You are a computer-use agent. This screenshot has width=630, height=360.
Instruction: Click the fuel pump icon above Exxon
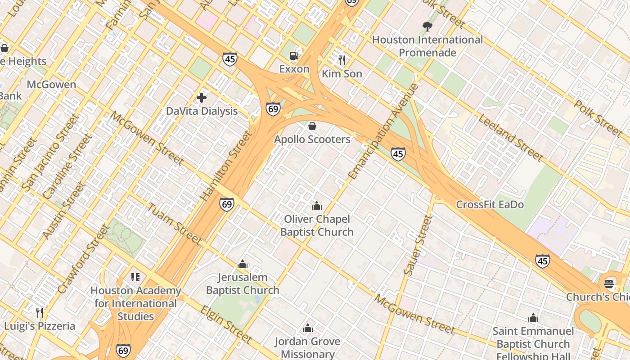294,55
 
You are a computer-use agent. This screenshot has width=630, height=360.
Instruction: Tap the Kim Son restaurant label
342,74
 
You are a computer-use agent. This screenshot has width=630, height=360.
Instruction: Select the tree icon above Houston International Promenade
427,26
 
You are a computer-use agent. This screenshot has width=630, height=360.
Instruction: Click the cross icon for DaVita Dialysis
202,97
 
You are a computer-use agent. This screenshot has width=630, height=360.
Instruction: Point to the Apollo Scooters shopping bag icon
312,126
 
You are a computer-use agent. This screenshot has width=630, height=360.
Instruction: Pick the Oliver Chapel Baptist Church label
317,225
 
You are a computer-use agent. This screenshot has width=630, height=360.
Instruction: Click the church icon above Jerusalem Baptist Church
243,264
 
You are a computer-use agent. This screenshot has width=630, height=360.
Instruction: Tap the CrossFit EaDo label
490,205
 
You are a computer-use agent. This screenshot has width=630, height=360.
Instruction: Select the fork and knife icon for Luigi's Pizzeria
40,312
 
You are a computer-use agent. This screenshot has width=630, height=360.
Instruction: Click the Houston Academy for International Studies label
135,303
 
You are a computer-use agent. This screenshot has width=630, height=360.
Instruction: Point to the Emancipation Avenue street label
383,131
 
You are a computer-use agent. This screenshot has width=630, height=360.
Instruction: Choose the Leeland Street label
510,138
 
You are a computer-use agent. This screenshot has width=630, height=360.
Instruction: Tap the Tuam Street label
175,224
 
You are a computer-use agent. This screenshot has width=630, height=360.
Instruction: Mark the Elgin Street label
225,324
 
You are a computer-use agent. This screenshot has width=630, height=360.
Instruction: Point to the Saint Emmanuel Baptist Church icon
533,318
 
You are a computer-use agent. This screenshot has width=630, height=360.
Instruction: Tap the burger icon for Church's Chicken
609,283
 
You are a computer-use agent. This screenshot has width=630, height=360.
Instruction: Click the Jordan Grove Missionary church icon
308,328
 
